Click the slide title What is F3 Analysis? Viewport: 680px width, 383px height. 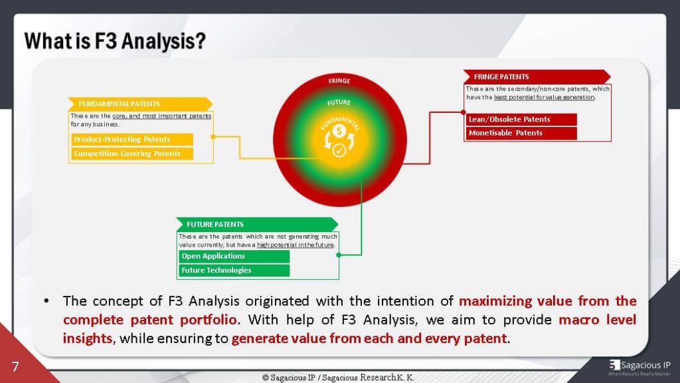coord(115,41)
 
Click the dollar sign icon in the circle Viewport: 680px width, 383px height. coord(339,132)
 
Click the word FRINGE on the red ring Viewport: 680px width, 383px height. coord(339,81)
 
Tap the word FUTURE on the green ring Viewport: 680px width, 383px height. coord(339,103)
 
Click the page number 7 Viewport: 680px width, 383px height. coord(15,366)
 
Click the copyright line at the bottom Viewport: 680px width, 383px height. coord(339,377)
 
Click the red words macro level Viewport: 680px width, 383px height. coord(597,320)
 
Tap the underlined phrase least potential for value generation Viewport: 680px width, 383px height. coord(545,98)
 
